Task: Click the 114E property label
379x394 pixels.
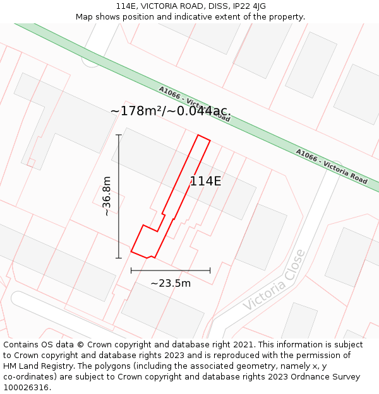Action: point(205,181)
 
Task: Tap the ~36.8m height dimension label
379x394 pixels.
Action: point(107,196)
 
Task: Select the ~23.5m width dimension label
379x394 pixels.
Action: point(171,283)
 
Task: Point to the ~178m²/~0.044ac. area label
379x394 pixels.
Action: point(171,112)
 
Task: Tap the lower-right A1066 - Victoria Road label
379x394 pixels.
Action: point(332,166)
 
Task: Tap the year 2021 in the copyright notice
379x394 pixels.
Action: point(244,345)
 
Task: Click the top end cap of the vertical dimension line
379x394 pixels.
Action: point(119,135)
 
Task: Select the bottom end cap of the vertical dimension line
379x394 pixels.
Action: point(119,258)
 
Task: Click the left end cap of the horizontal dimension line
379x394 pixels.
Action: point(131,271)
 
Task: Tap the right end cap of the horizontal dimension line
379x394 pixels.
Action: point(210,271)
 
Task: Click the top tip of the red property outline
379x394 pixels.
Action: point(199,135)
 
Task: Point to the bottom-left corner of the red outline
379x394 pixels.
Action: point(131,252)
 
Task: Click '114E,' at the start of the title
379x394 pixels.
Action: point(128,6)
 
